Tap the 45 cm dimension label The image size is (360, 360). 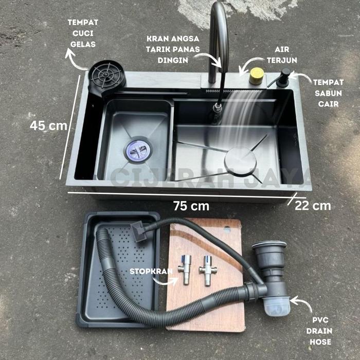coord(48,125)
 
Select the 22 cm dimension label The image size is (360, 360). coord(313,206)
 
